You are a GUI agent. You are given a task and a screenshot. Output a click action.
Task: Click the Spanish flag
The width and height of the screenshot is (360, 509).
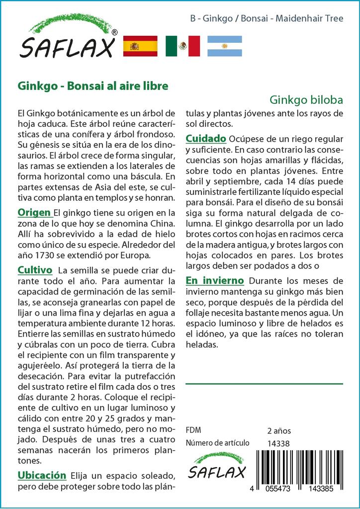coord(140,46)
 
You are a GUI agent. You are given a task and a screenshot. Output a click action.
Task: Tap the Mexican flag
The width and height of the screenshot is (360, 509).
coord(182,46)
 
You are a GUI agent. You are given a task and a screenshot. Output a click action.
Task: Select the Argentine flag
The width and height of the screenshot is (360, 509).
coord(224,46)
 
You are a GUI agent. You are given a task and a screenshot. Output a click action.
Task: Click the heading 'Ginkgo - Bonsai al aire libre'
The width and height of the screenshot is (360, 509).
coord(93,85)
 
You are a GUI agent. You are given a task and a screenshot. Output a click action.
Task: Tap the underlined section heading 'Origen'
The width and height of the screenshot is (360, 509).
coord(34,213)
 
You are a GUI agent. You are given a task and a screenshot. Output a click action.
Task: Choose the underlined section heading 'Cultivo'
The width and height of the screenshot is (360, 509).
coord(35,270)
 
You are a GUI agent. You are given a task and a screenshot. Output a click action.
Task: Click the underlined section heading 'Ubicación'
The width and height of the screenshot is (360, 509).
coord(42,475)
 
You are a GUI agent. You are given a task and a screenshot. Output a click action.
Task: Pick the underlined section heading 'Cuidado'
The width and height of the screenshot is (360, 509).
coord(206,138)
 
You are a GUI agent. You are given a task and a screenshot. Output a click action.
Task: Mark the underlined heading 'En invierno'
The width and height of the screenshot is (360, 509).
coord(215,281)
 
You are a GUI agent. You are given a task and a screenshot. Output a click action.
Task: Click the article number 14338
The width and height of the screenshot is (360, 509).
coord(278,443)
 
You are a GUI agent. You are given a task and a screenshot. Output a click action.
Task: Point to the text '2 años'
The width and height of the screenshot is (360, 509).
coord(279,430)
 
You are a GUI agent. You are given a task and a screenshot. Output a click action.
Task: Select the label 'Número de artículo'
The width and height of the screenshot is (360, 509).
coord(217,443)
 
